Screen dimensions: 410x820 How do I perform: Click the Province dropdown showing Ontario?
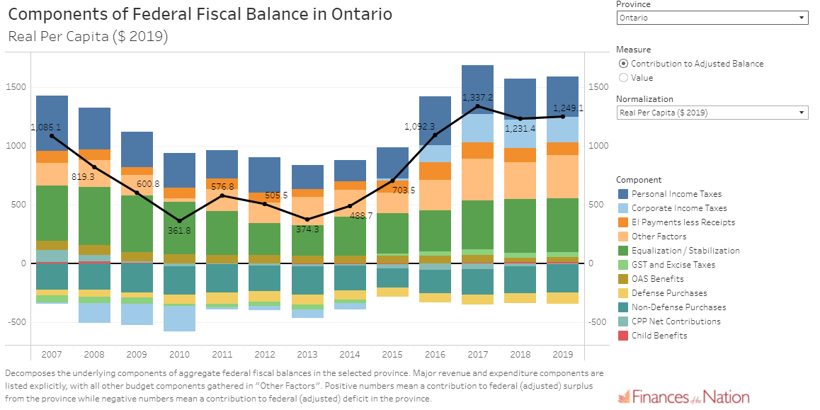pos(711,18)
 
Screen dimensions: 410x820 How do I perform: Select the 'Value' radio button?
pos(623,78)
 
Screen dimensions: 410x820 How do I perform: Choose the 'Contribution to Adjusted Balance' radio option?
pos(623,64)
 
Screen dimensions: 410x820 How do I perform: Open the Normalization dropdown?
pos(711,113)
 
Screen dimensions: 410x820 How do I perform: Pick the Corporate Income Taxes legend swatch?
pos(622,208)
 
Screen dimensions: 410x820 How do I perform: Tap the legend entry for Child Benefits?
pos(659,336)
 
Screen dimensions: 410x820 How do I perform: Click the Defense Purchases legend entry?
pos(669,293)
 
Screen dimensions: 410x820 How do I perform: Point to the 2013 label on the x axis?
pos(307,354)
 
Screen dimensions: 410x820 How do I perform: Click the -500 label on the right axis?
pos(599,322)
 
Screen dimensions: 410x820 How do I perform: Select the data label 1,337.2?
pos(477,97)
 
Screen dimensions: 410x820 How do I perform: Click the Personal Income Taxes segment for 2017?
pos(477,89)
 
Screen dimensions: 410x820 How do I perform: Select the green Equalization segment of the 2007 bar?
pos(52,212)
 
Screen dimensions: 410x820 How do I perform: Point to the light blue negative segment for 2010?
pos(179,318)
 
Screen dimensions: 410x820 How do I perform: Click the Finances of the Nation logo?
pos(683,397)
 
